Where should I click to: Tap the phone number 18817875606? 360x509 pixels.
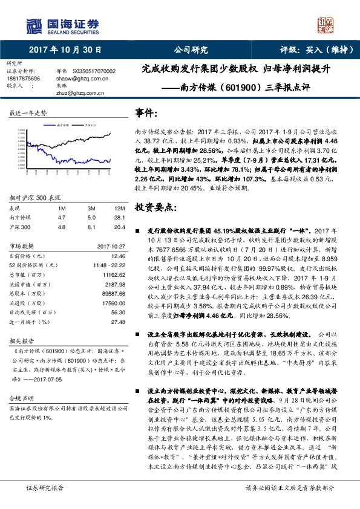[23, 78]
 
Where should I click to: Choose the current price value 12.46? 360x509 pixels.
[117, 256]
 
